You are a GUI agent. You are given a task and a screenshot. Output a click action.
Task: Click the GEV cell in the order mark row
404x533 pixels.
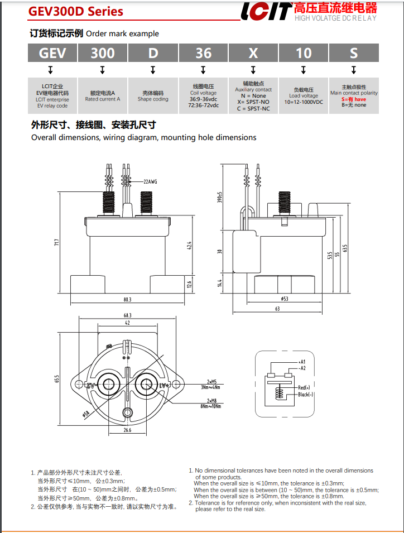click(52, 53)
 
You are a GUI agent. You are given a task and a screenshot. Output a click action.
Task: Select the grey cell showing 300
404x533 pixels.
click(103, 53)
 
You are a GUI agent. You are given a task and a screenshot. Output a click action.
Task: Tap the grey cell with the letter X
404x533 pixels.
click(253, 53)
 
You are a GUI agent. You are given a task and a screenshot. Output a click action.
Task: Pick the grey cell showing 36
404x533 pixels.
click(203, 53)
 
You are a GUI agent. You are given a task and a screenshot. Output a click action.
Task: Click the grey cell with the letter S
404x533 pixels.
click(354, 53)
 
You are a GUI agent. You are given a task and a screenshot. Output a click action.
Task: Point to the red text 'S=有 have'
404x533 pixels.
click(354, 99)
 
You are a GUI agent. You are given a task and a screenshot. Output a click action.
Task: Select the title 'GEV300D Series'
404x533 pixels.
click(76, 12)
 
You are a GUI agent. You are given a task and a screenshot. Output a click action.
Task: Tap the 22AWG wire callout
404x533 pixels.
click(150, 181)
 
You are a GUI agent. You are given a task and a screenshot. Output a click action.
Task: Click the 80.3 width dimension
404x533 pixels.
click(127, 300)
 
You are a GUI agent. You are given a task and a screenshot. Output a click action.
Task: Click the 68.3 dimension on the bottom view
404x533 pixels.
click(127, 316)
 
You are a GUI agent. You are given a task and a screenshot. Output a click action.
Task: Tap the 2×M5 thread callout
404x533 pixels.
click(211, 381)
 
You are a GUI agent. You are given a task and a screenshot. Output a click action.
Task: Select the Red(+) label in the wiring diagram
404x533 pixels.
click(304, 387)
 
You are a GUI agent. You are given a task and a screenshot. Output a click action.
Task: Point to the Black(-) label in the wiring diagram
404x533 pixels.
click(306, 395)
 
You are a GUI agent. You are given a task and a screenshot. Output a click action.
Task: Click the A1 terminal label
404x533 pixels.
click(302, 362)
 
